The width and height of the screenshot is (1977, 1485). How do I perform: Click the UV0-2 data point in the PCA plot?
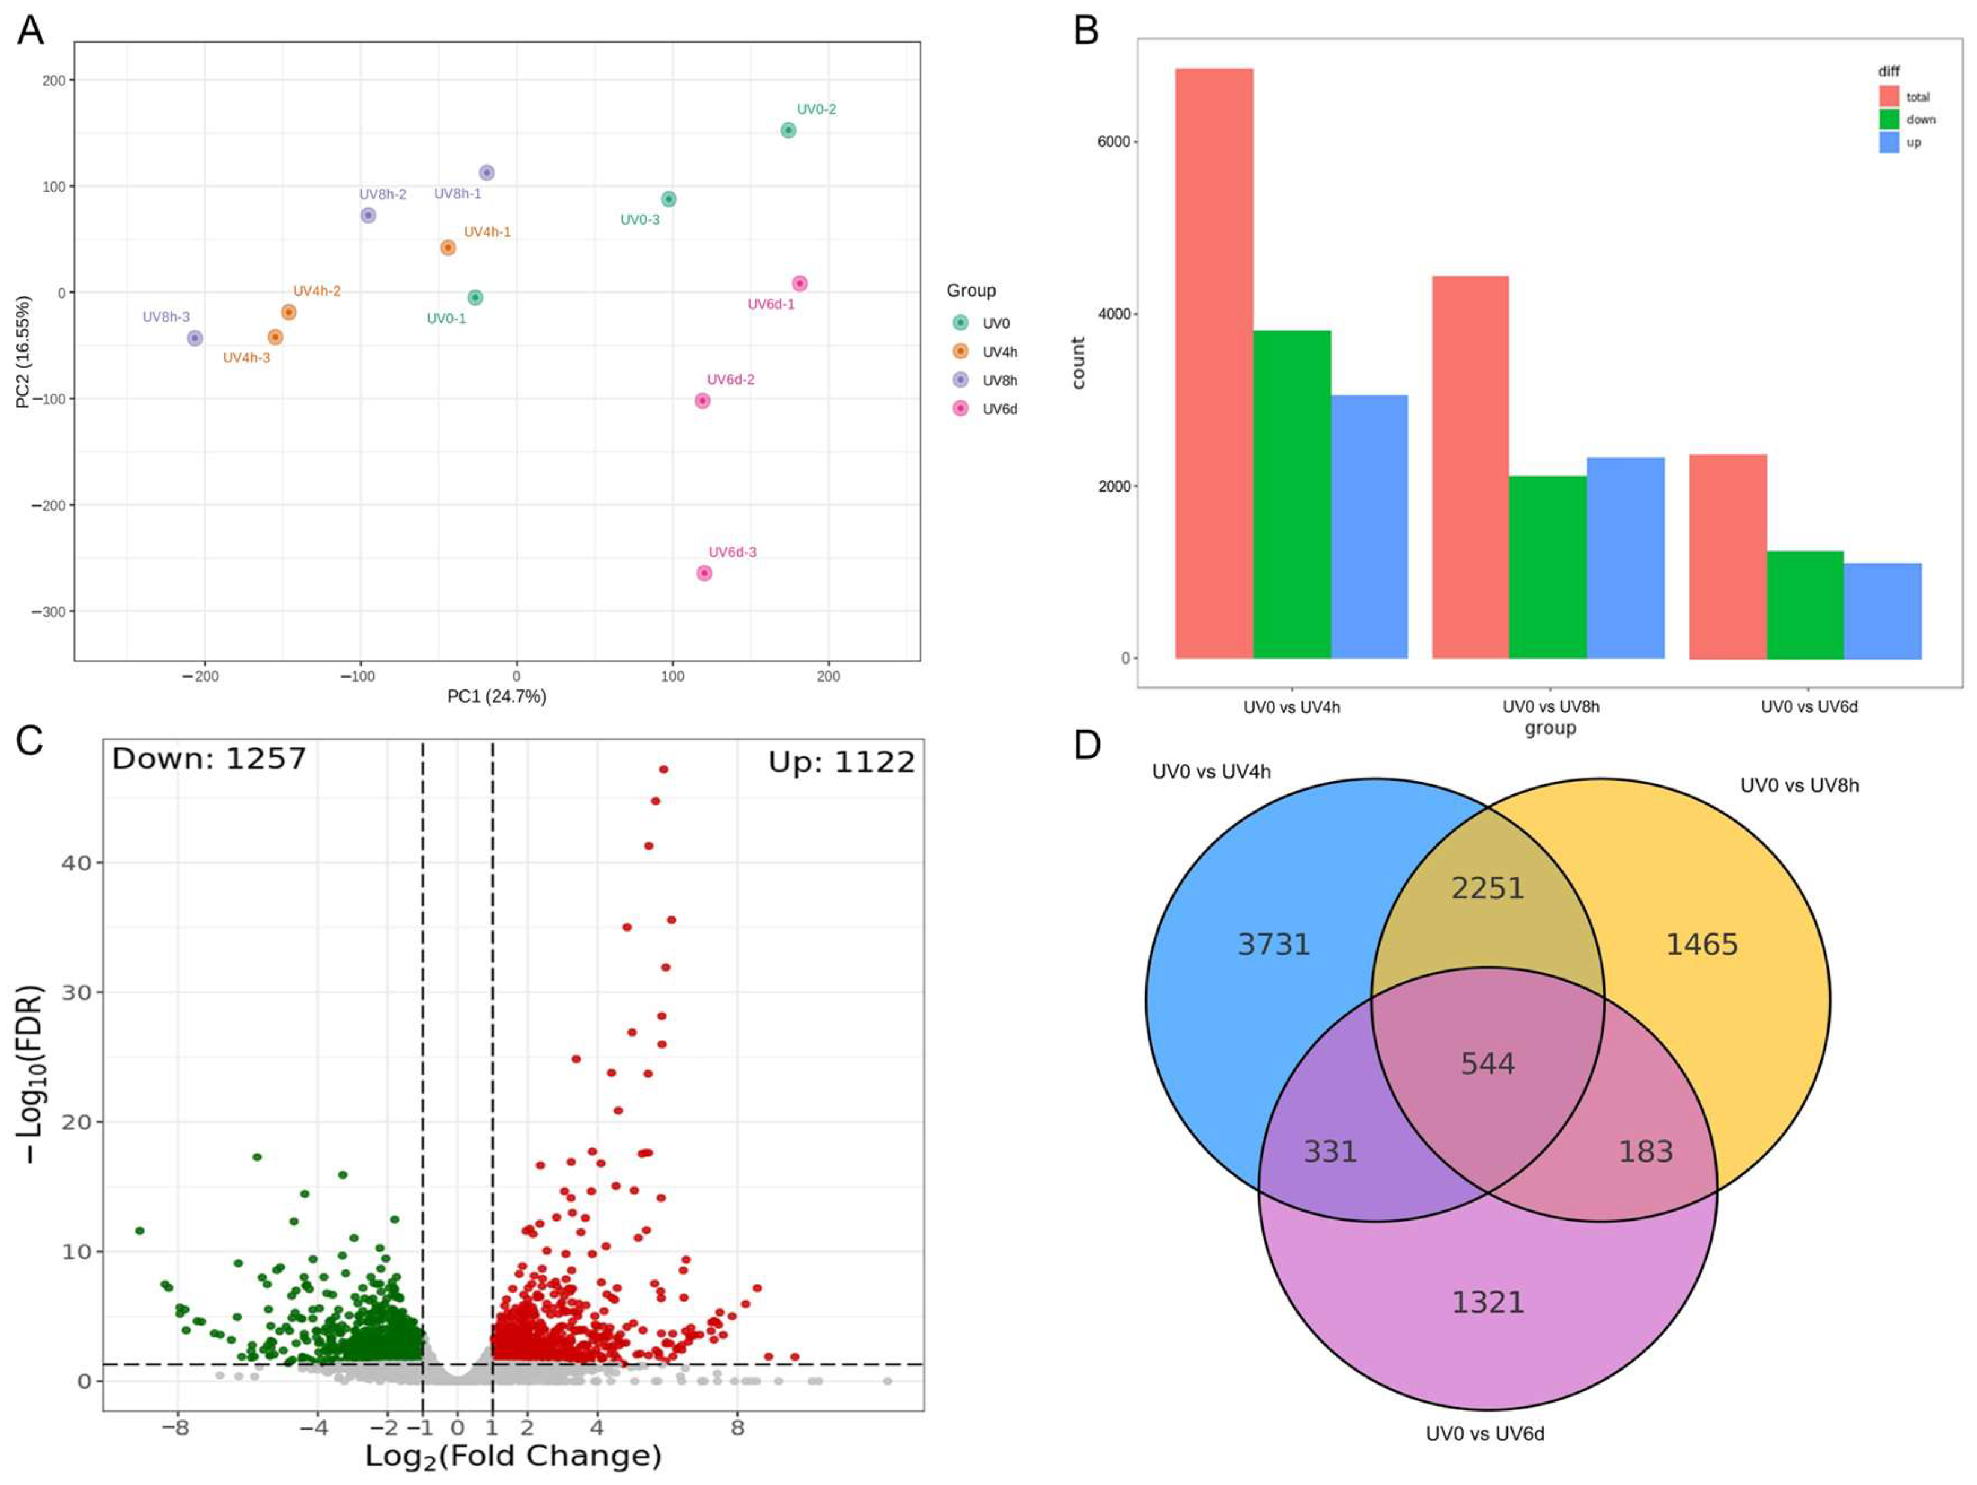coord(787,130)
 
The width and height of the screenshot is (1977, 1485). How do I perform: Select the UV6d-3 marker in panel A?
coord(704,573)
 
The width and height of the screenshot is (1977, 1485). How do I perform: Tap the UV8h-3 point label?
coord(166,317)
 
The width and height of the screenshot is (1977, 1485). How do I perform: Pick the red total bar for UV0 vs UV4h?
coord(1214,363)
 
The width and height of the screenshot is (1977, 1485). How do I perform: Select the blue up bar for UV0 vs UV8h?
coord(1625,558)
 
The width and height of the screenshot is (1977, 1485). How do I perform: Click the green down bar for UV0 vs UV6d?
coord(1805,605)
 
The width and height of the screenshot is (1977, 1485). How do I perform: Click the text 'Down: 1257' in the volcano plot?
coord(209,759)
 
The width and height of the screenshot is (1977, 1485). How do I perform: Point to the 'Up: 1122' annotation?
coord(841,763)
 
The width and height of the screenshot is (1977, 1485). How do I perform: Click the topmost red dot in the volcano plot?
coord(663,769)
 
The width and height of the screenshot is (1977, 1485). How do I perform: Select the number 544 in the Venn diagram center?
coord(1487,1063)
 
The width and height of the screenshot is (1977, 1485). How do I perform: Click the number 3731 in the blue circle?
coord(1273,944)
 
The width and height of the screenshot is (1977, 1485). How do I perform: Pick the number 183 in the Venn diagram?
coord(1645,1151)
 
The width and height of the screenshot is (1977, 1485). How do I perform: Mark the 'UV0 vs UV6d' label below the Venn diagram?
coord(1484,1433)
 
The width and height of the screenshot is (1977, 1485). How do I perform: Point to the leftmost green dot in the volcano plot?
coord(139,1231)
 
